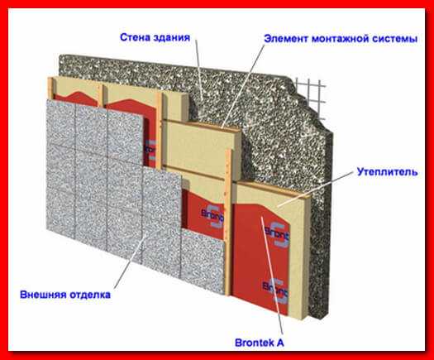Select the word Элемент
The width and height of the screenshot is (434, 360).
coord(286,39)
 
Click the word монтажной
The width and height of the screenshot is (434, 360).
coord(339,39)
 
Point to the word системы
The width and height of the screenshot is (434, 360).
coord(394,39)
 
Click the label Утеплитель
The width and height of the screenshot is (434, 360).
coord(387,172)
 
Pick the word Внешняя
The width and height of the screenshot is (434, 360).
coord(43,294)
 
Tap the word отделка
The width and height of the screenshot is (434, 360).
coord(89,295)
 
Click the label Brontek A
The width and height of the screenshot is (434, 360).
coord(260,343)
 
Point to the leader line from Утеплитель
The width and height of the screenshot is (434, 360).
coord(316,189)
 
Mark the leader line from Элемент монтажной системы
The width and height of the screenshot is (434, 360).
coord(244,85)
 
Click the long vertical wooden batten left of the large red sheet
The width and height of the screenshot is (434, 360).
coord(228,222)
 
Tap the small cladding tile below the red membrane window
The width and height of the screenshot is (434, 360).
coord(203,260)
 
